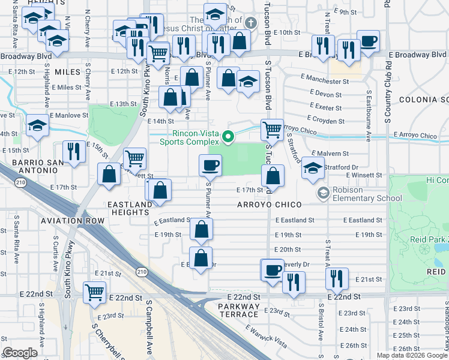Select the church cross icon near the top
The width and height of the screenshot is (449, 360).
click(x=250, y=23)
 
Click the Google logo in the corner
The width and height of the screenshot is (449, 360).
click(x=20, y=352)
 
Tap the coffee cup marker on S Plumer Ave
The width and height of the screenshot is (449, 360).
click(x=210, y=164)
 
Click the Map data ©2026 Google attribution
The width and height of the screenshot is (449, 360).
click(x=412, y=355)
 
